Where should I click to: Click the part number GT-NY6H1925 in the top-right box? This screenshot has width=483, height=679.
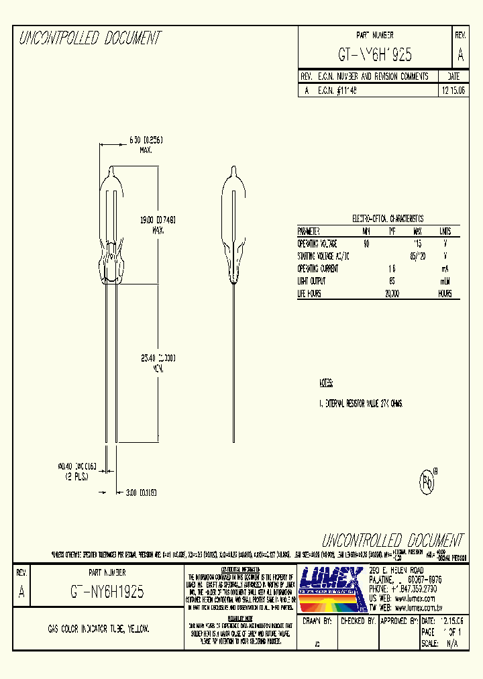[375, 54]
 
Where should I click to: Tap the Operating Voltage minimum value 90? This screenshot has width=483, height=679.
[366, 244]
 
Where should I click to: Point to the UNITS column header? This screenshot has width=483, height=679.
[445, 230]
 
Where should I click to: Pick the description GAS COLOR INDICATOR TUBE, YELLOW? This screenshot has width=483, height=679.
[99, 629]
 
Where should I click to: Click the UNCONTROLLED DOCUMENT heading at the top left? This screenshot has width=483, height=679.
[90, 39]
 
